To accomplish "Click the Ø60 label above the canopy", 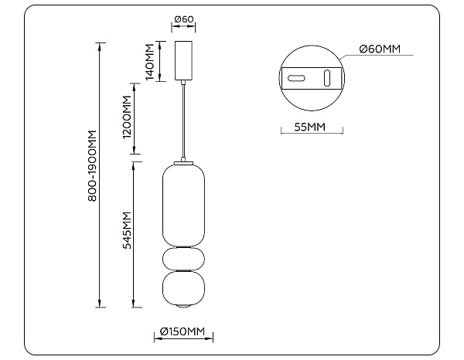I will (184, 19).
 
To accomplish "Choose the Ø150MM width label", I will (184, 332).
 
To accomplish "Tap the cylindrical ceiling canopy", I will (184, 59).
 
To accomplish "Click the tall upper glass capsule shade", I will (184, 203).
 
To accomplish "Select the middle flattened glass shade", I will (184, 257).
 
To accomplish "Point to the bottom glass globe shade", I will (184, 288).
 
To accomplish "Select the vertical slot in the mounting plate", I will (326, 78).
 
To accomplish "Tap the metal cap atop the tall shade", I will (184, 162).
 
